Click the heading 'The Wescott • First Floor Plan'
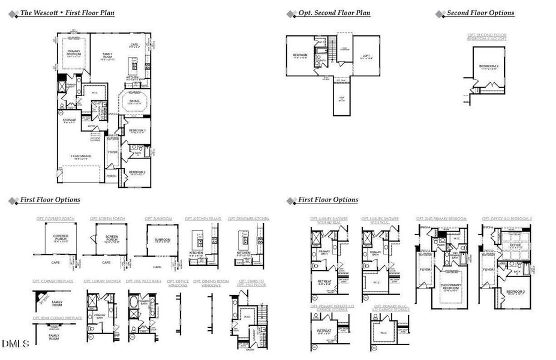point(68,13)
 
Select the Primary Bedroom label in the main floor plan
point(74,52)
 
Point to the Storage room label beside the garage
point(68,121)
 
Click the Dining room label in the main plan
point(135,101)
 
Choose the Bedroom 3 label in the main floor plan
point(137,130)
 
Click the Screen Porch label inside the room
point(107,238)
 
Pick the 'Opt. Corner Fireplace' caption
point(53,281)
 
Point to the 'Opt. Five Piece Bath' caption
point(144,281)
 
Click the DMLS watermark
point(18,344)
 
